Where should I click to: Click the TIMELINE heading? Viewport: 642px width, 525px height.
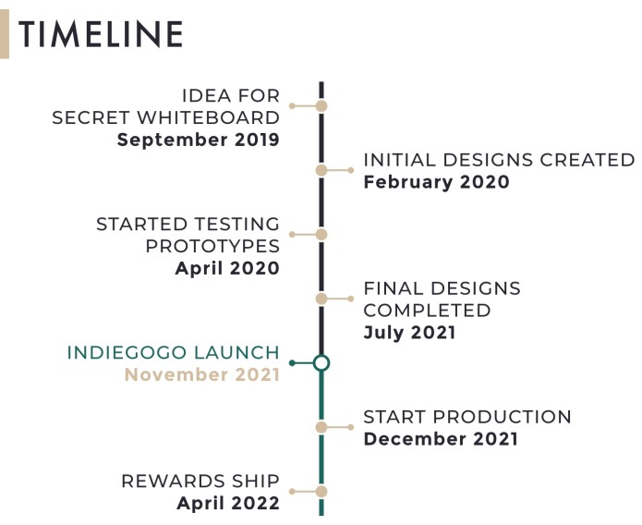(x=101, y=34)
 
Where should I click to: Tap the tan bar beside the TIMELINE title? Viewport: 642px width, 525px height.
(x=5, y=34)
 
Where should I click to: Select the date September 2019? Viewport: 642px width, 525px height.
(x=199, y=140)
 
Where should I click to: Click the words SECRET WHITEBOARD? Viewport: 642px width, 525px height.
(x=166, y=118)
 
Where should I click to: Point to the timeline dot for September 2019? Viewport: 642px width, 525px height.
(x=321, y=106)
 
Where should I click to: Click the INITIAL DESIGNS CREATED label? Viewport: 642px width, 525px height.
(x=499, y=160)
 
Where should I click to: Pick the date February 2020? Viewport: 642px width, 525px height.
(x=436, y=182)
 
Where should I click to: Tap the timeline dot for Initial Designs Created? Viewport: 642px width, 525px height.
(x=321, y=170)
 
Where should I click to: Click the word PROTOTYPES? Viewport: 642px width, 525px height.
(x=212, y=247)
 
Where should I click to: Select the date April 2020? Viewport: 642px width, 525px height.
(x=227, y=269)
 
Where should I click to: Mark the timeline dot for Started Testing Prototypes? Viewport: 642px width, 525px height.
(x=321, y=235)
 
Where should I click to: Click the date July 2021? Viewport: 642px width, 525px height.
(x=409, y=333)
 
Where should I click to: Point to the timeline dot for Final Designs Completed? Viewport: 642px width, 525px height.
(x=321, y=299)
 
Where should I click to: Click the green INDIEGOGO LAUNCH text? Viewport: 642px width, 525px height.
(x=173, y=353)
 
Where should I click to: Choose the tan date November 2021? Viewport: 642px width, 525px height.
(x=202, y=375)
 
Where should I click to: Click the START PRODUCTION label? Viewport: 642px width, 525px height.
(x=467, y=417)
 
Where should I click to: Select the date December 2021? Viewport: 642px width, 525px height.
(x=441, y=439)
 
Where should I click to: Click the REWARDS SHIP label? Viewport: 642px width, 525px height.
(x=200, y=482)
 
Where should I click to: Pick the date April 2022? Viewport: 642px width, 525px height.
(x=228, y=504)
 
